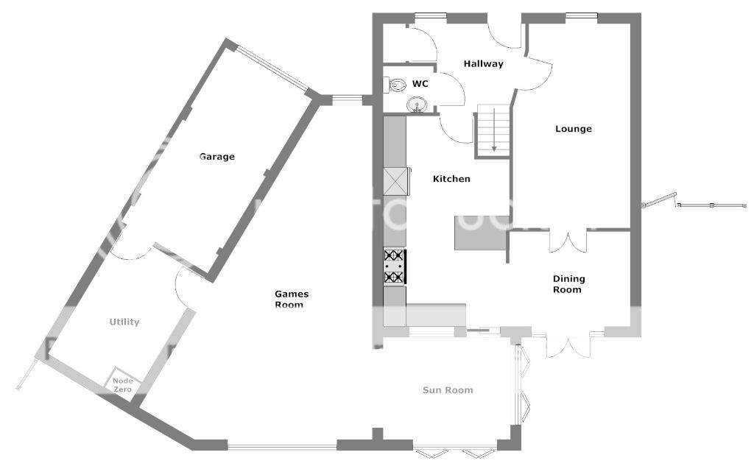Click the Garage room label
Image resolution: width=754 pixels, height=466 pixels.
tap(217, 157)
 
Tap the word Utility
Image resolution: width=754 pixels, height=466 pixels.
tap(124, 322)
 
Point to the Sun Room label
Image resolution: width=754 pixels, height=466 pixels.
tap(448, 390)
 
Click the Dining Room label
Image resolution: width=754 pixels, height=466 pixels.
tap(568, 283)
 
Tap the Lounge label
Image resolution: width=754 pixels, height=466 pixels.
tap(573, 129)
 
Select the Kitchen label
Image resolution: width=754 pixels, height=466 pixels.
tap(451, 179)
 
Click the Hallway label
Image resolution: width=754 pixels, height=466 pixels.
tap(483, 64)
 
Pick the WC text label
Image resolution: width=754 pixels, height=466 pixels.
tap(420, 84)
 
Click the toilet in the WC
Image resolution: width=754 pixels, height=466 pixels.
tap(395, 85)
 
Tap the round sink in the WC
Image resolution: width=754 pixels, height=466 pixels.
tap(417, 105)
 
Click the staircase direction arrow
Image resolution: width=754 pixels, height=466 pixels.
tap(494, 130)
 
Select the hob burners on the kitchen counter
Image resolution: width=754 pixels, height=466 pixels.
tap(395, 266)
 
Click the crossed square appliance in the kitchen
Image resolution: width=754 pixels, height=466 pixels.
tap(395, 181)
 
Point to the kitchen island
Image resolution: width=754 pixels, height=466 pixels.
tap(480, 233)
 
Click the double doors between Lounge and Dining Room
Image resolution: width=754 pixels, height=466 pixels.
tap(568, 242)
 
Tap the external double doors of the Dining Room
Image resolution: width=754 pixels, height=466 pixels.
tap(568, 345)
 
